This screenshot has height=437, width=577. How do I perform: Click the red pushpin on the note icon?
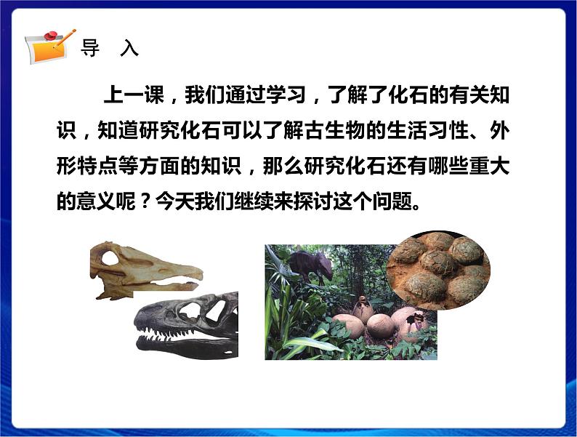51,34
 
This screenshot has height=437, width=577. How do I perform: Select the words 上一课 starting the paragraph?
130,96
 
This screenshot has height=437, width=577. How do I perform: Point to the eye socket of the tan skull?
109,257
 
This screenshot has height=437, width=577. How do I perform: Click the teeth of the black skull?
182,336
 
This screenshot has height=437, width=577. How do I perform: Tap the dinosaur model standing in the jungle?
308,264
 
